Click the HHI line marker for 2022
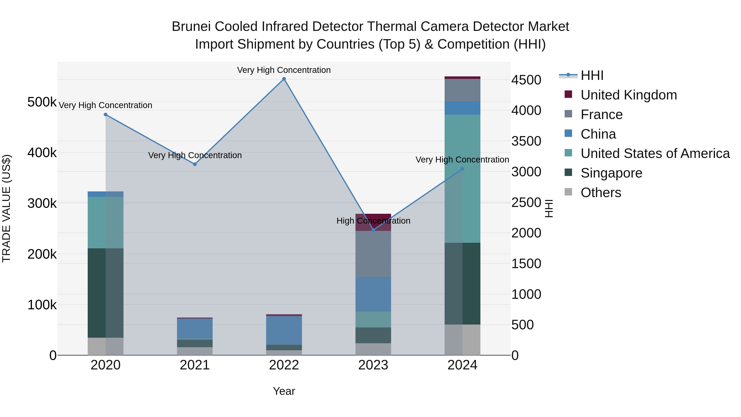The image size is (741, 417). click(284, 79)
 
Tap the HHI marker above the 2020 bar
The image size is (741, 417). click(106, 114)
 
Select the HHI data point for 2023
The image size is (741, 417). click(373, 230)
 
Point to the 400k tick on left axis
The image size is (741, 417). click(42, 153)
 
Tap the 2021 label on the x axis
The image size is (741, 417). click(195, 365)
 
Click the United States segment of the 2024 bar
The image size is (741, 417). click(462, 178)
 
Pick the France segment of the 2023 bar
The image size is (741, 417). click(373, 254)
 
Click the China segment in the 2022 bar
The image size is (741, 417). click(284, 330)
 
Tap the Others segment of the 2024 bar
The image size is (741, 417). click(462, 340)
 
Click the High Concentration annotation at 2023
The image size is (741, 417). click(373, 221)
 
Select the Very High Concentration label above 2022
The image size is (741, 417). click(284, 70)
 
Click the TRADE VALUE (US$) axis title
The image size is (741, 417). click(7, 208)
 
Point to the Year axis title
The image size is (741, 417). click(284, 391)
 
